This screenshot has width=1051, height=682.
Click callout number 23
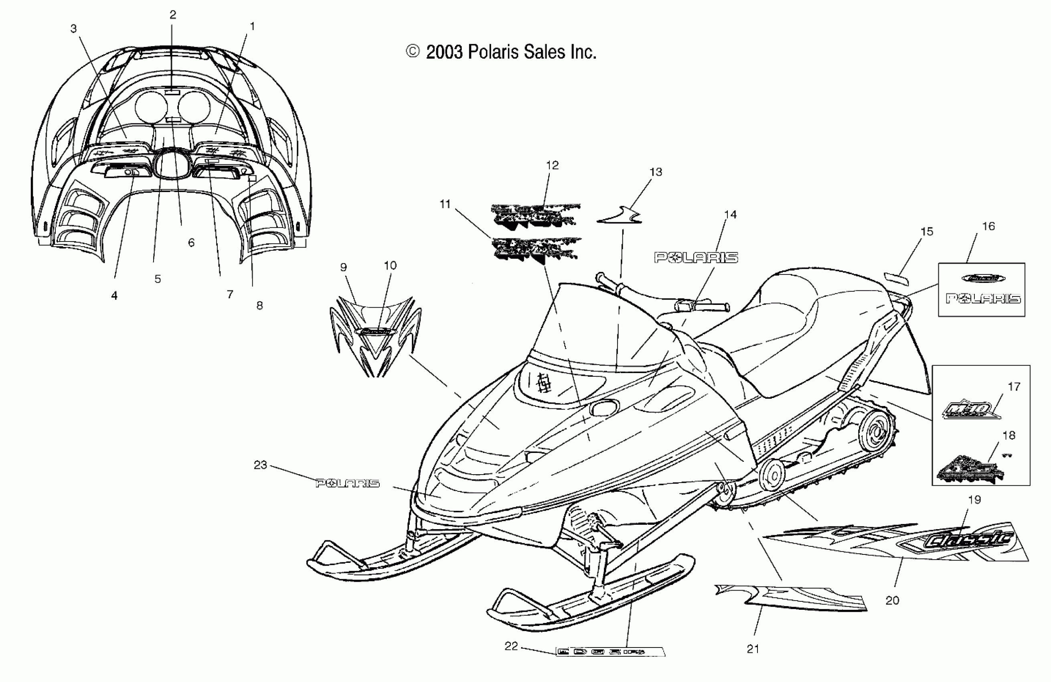(x=260, y=465)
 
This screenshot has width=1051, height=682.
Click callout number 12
(x=552, y=165)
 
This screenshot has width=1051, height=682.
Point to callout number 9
(x=343, y=267)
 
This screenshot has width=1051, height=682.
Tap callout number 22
(x=511, y=646)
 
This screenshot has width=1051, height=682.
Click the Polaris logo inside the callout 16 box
(x=983, y=299)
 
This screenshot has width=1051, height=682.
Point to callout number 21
(x=753, y=649)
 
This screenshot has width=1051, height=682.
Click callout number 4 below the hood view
(x=114, y=296)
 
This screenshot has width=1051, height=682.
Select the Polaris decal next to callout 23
(x=348, y=483)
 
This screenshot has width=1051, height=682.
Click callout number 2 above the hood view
(x=173, y=15)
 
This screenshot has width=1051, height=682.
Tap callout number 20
(x=892, y=600)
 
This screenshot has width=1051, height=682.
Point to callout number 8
(x=259, y=305)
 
